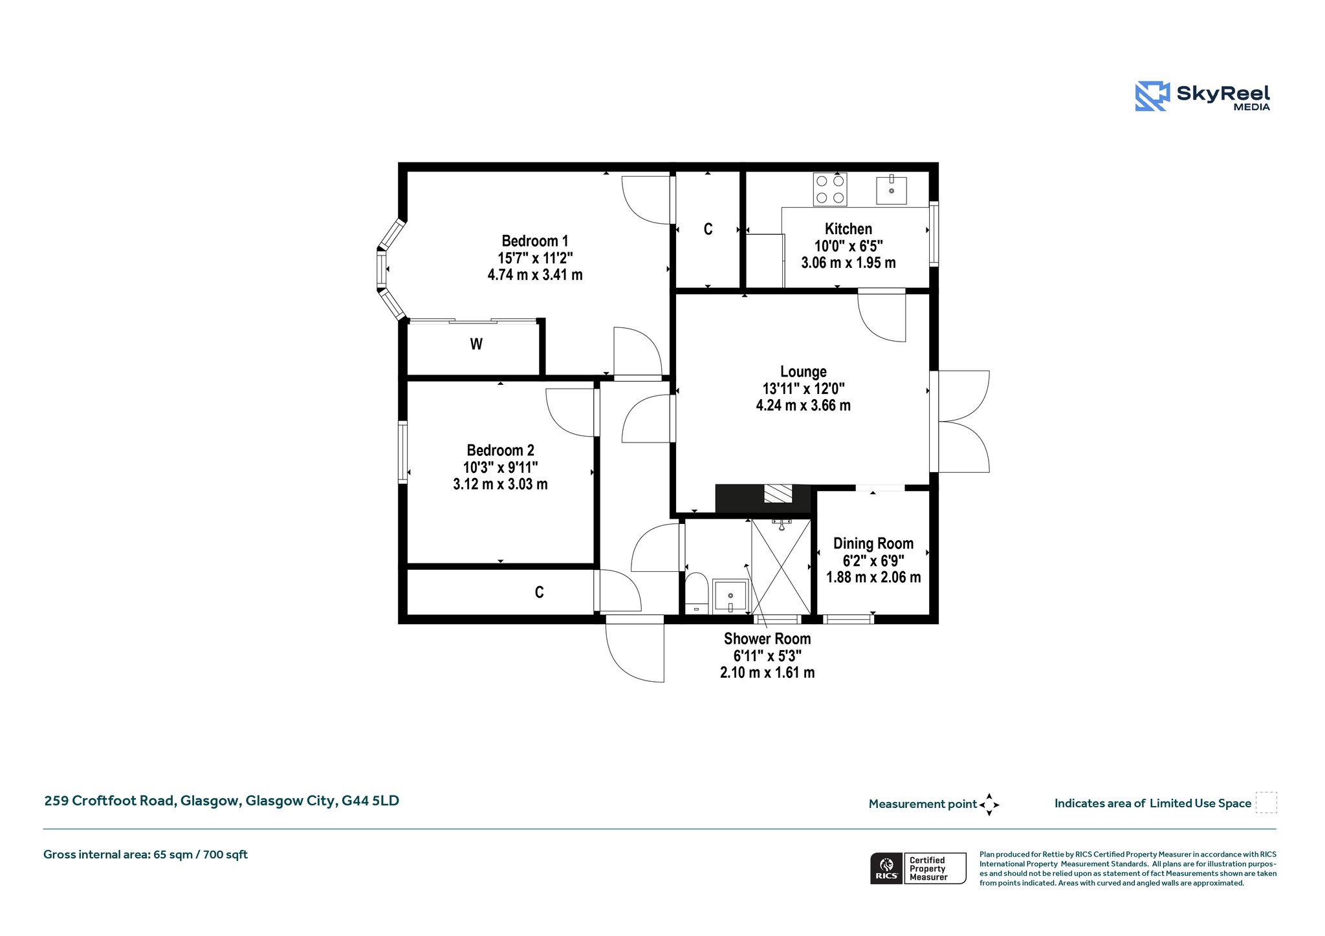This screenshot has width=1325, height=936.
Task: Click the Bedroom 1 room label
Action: click(x=535, y=241)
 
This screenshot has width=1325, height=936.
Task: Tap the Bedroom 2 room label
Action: click(x=501, y=450)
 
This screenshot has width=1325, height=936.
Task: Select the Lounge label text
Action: click(x=804, y=372)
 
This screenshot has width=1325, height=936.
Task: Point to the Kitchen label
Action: click(x=848, y=229)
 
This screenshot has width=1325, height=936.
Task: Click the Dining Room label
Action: click(x=873, y=543)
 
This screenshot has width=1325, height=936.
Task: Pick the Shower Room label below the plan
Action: click(x=767, y=638)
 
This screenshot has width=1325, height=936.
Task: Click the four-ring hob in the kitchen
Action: click(x=830, y=189)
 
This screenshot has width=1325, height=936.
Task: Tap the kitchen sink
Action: click(x=892, y=189)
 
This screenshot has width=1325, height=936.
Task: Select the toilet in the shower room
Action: click(x=696, y=593)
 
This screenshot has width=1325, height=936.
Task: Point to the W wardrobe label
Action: click(x=476, y=344)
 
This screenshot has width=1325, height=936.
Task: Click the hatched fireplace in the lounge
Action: click(x=778, y=494)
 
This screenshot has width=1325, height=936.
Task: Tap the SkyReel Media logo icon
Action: click(x=1152, y=96)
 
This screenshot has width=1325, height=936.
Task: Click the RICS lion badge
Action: click(x=886, y=868)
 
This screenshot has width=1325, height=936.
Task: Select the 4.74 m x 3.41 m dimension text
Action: click(x=535, y=275)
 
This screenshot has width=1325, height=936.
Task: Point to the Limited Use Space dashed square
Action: click(x=1266, y=803)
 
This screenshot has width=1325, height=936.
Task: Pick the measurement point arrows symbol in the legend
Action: click(x=989, y=805)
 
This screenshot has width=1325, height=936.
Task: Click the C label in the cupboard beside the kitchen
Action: click(x=708, y=230)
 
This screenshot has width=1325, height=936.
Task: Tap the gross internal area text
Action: click(x=146, y=854)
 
